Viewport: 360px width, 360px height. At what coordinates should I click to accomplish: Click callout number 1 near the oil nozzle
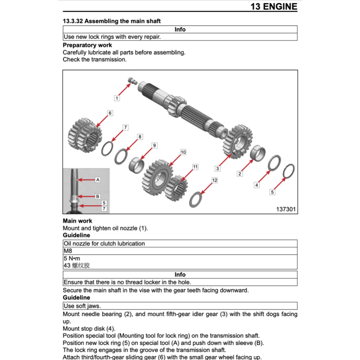tap(117, 98)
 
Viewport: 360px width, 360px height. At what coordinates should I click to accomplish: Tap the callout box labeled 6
tap(110, 113)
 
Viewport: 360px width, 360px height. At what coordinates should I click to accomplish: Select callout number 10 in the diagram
tap(183, 152)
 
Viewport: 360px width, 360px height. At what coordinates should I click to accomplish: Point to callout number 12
tap(215, 180)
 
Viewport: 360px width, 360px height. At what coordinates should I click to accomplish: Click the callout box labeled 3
tap(218, 169)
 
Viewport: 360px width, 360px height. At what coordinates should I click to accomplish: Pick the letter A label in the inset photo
tap(98, 180)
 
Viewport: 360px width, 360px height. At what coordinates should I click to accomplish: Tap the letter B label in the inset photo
tap(98, 196)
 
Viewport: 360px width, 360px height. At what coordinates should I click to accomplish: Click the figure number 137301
tap(285, 209)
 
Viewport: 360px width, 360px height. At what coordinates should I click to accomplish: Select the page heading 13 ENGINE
tap(274, 6)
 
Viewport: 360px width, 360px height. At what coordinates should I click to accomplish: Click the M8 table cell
tap(68, 251)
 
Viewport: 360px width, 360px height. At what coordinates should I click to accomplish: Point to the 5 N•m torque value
tap(72, 258)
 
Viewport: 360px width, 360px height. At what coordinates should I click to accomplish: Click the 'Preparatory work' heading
tap(87, 45)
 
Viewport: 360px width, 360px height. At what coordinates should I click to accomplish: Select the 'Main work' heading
tap(77, 221)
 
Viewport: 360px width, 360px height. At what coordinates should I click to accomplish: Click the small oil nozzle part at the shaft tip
tap(133, 80)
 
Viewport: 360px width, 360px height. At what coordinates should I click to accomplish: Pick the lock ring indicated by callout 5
tap(289, 171)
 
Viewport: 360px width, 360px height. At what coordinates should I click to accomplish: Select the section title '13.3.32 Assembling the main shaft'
tap(111, 21)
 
